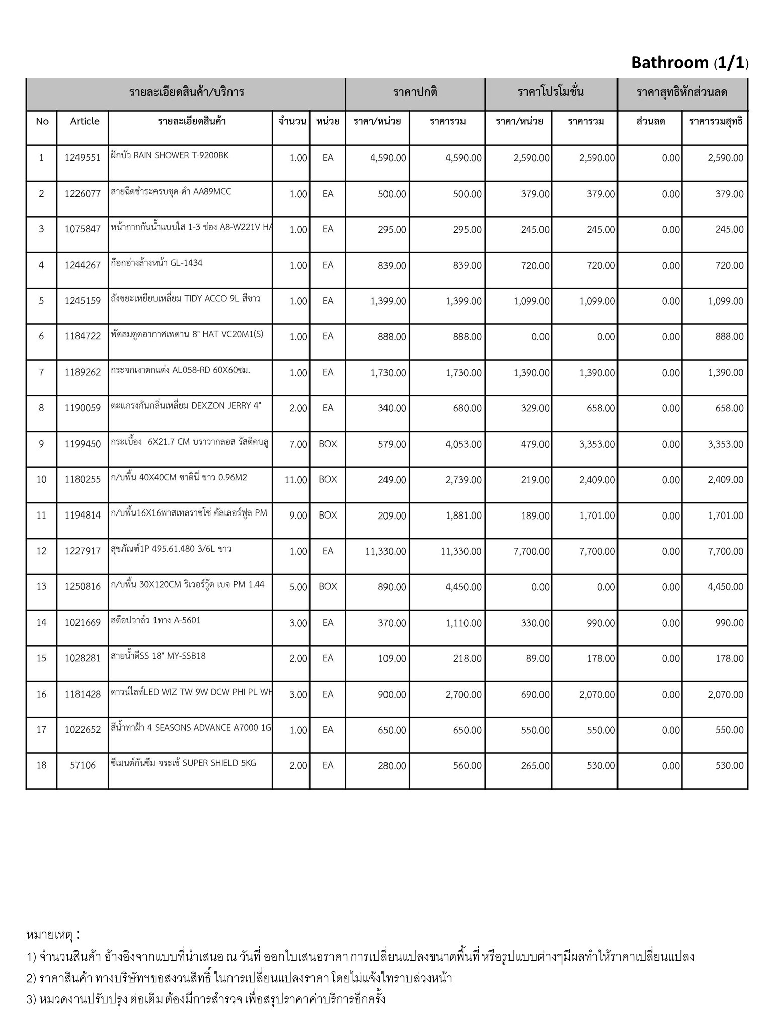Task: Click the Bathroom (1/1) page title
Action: click(689, 63)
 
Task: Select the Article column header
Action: click(85, 121)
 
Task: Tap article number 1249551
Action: click(83, 158)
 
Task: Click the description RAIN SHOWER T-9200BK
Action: click(170, 155)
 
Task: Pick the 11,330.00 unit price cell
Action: click(385, 551)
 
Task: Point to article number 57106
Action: click(83, 765)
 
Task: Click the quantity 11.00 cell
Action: click(296, 480)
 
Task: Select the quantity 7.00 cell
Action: click(298, 444)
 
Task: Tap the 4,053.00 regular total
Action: click(463, 444)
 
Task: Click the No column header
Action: click(42, 121)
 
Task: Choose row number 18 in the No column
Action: click(41, 765)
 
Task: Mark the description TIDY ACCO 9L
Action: click(186, 299)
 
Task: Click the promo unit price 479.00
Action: click(535, 444)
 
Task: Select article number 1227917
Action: click(83, 551)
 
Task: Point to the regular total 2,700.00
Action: click(463, 694)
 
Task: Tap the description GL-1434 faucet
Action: click(157, 263)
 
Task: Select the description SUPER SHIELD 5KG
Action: click(183, 763)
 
